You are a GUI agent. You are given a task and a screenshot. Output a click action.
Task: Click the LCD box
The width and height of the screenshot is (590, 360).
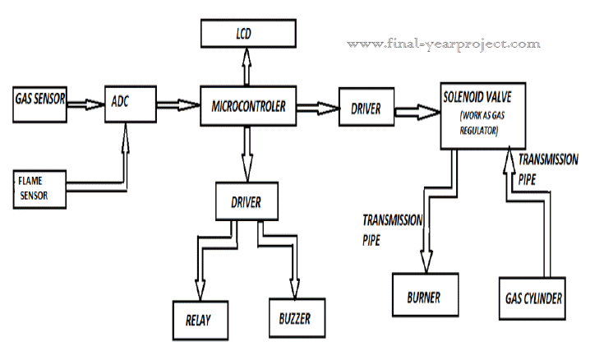(x=247, y=34)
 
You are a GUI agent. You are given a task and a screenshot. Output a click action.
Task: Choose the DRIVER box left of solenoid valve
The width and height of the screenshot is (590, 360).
(x=366, y=108)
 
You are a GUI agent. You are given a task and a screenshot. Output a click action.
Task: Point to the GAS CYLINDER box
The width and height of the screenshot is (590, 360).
(x=532, y=298)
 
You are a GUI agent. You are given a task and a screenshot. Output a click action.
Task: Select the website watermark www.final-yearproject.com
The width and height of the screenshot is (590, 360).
(x=444, y=43)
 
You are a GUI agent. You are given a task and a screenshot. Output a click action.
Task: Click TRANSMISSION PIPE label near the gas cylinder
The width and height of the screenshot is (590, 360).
(x=546, y=168)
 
